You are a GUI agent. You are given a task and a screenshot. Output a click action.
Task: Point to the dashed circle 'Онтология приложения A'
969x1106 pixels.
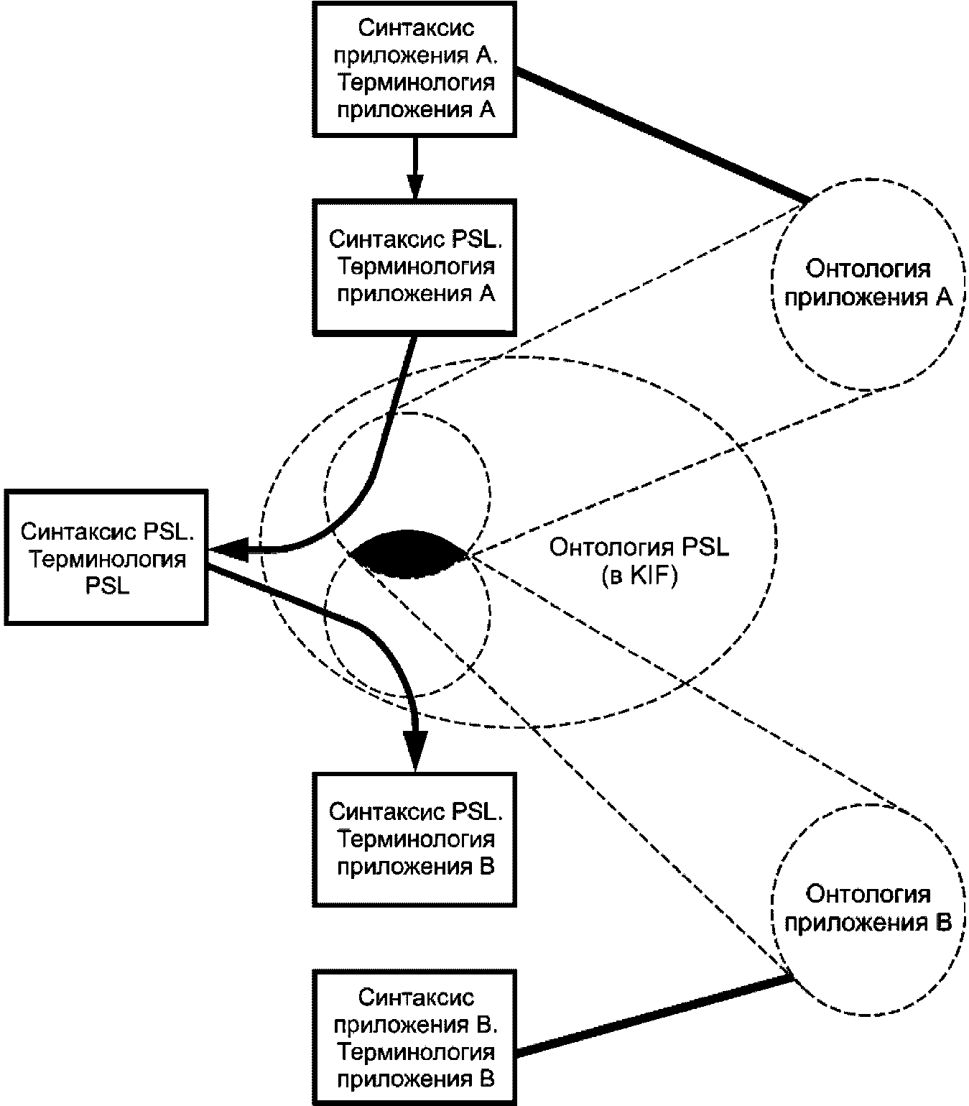coord(773,284)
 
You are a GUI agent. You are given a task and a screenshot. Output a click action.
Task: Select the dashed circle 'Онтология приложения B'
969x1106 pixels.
coord(773,911)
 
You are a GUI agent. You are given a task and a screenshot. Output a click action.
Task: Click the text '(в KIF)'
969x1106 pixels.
coord(639,576)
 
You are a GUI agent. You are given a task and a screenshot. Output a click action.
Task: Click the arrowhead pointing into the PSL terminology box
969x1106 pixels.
coord(229,548)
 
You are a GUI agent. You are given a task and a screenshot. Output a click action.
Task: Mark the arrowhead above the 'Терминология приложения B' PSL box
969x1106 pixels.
coord(415,750)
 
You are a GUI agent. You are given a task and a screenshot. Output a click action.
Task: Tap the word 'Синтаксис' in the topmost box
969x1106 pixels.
coord(416,28)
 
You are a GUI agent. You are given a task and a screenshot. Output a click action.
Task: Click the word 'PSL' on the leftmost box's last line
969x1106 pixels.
coord(108,586)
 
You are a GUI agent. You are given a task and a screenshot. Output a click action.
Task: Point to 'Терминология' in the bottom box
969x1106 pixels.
coord(416,1052)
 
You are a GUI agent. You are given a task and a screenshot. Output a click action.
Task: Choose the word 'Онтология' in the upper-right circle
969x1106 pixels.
coord(868,269)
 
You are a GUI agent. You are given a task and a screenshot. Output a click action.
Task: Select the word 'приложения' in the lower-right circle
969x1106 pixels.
coord(856,923)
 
